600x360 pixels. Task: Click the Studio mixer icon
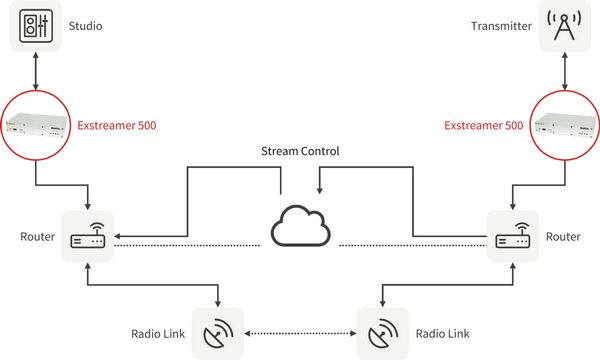35,26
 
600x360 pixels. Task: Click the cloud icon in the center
300,229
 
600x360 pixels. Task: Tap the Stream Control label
300,152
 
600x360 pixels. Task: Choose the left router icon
87,236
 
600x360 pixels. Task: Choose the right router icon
512,236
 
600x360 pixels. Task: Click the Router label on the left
37,237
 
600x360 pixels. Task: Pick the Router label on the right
563,237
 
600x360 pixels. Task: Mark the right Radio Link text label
441,333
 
